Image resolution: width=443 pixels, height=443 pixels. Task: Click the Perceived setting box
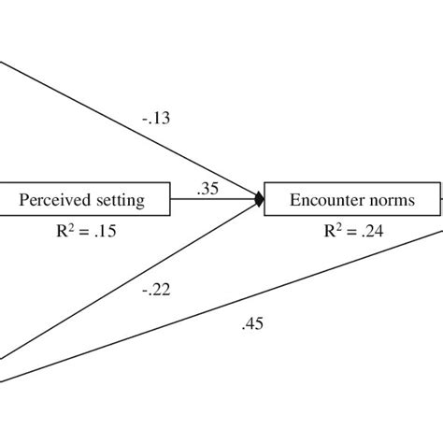click(x=85, y=199)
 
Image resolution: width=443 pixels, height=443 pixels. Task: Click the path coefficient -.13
click(x=157, y=119)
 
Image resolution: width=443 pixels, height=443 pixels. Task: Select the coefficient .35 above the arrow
click(x=207, y=188)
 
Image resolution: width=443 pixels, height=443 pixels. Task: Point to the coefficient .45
click(x=253, y=324)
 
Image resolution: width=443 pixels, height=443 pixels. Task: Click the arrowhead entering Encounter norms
click(x=259, y=198)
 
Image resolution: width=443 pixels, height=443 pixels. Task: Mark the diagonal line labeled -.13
click(x=112, y=121)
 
